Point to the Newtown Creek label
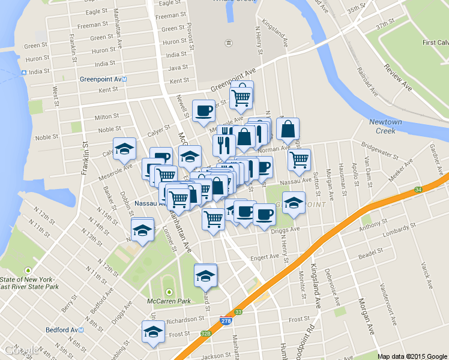tap(385, 126)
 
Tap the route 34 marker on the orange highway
tap(418, 190)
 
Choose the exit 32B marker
tap(206, 334)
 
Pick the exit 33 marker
tap(239, 312)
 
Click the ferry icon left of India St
tap(24, 73)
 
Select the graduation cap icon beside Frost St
tap(153, 332)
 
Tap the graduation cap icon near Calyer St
tap(124, 149)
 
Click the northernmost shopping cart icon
tap(241, 96)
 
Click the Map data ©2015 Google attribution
tap(412, 356)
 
